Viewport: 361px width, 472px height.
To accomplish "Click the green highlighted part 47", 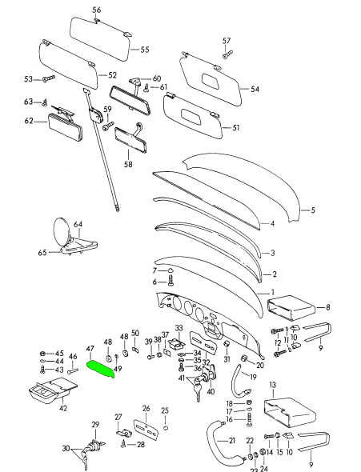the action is point(100,370).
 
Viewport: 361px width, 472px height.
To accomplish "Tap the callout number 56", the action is point(96,10).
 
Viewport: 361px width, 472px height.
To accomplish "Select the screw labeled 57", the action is point(227,54).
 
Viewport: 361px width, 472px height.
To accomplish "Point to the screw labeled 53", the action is point(49,78).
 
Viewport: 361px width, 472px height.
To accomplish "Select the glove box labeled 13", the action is point(290,412).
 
